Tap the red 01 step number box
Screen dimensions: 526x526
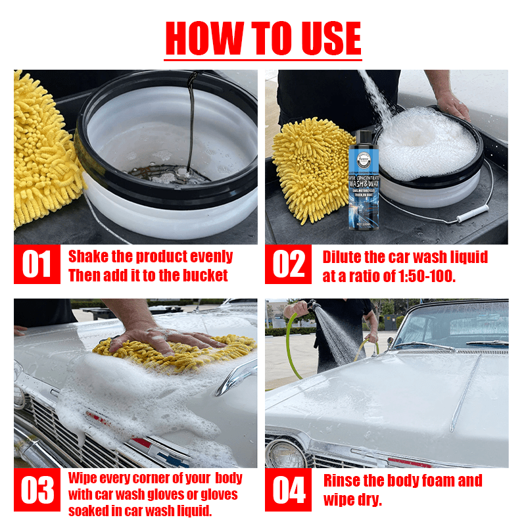click(37, 265)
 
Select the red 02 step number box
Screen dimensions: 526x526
click(289, 265)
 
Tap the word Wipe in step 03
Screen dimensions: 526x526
click(84, 478)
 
